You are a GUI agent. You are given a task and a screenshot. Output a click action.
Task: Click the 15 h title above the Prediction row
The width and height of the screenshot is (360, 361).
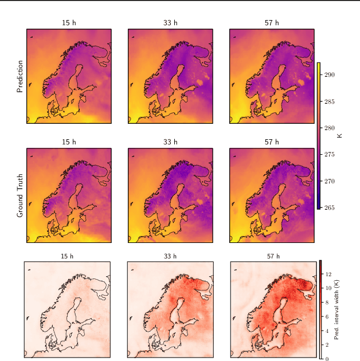(69, 23)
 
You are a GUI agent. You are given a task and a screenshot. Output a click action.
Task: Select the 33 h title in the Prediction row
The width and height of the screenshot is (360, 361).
(170, 23)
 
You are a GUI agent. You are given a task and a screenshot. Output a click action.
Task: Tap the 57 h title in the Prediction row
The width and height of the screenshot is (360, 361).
(272, 23)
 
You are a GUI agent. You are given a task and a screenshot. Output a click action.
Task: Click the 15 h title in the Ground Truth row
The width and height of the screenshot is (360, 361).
(69, 142)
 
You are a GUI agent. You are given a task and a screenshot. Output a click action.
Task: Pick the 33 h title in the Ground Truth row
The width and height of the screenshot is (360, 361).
(170, 142)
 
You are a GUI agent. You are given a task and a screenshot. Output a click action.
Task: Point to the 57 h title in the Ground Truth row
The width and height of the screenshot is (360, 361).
(272, 142)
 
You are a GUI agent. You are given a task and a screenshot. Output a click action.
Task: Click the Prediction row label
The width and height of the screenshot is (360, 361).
(20, 76)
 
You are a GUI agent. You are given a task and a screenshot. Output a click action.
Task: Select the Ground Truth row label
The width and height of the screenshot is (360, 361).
(20, 195)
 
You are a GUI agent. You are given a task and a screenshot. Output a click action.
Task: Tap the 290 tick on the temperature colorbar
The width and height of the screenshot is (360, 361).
(330, 74)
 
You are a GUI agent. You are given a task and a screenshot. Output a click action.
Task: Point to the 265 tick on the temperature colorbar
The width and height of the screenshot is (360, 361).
(330, 207)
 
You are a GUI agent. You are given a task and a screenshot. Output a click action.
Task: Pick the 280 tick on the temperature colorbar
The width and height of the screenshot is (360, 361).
(330, 128)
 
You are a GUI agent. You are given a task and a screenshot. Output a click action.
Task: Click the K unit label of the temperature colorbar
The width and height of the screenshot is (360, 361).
(340, 135)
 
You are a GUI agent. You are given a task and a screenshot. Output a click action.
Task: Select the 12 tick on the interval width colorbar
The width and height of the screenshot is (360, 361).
(327, 274)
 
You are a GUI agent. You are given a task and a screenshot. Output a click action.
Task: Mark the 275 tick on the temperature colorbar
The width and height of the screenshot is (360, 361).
(330, 155)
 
